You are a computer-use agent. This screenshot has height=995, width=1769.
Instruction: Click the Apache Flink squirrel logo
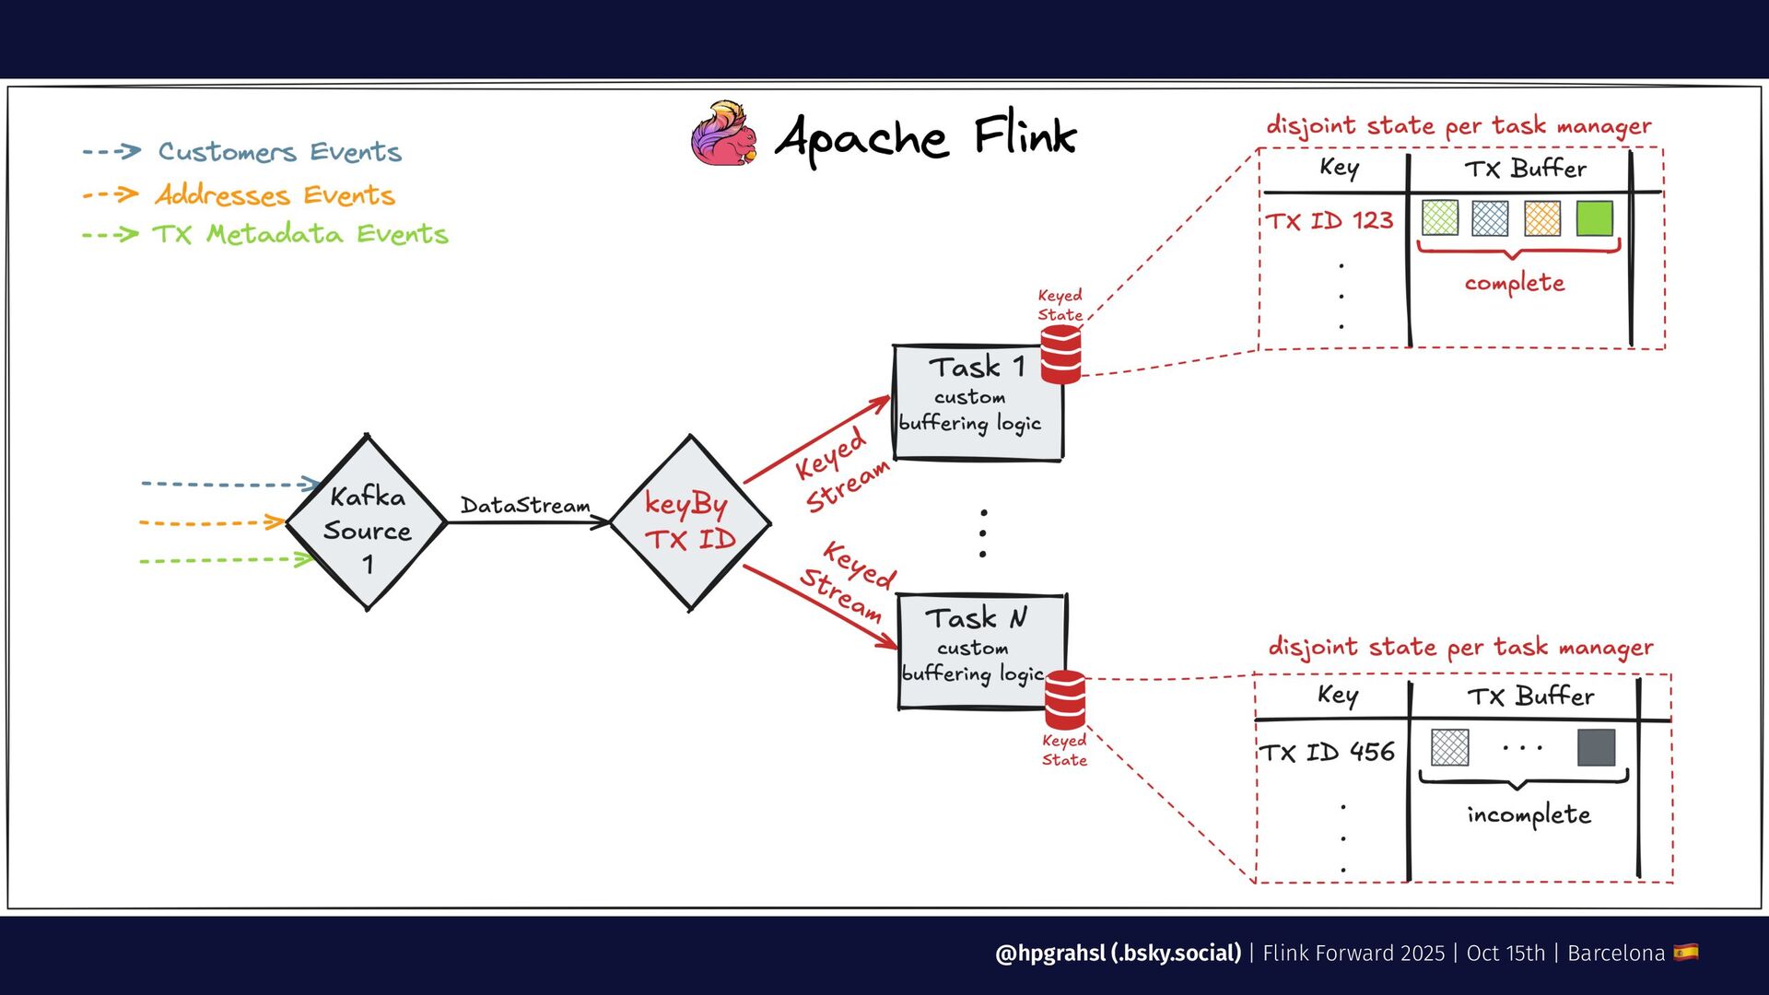point(725,135)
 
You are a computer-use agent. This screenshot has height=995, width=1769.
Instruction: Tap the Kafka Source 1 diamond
point(367,522)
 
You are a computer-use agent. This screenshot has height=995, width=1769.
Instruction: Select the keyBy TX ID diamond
point(690,522)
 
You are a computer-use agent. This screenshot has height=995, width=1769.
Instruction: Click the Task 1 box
point(978,403)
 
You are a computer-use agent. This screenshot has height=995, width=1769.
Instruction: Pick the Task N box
point(982,651)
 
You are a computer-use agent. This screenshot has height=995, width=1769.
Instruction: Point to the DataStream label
point(525,505)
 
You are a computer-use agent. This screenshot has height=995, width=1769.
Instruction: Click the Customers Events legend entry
point(242,151)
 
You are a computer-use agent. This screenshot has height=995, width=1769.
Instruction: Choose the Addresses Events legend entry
point(239,194)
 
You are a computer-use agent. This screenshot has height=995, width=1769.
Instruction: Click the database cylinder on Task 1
point(1060,355)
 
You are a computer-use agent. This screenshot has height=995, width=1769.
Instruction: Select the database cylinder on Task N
point(1065,700)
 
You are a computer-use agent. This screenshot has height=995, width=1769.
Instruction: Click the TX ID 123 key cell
point(1329,221)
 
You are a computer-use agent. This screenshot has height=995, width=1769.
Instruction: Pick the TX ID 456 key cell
point(1327,752)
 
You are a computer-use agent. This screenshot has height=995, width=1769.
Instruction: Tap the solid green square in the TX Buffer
point(1595,218)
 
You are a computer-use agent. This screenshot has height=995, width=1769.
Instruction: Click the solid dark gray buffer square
point(1597,747)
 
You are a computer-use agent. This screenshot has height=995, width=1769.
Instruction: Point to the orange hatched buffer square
point(1542,218)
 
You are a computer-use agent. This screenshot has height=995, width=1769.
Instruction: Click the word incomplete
point(1529,814)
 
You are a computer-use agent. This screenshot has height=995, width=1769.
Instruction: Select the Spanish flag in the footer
point(1686,952)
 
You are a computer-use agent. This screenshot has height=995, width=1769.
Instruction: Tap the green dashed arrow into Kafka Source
point(227,559)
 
